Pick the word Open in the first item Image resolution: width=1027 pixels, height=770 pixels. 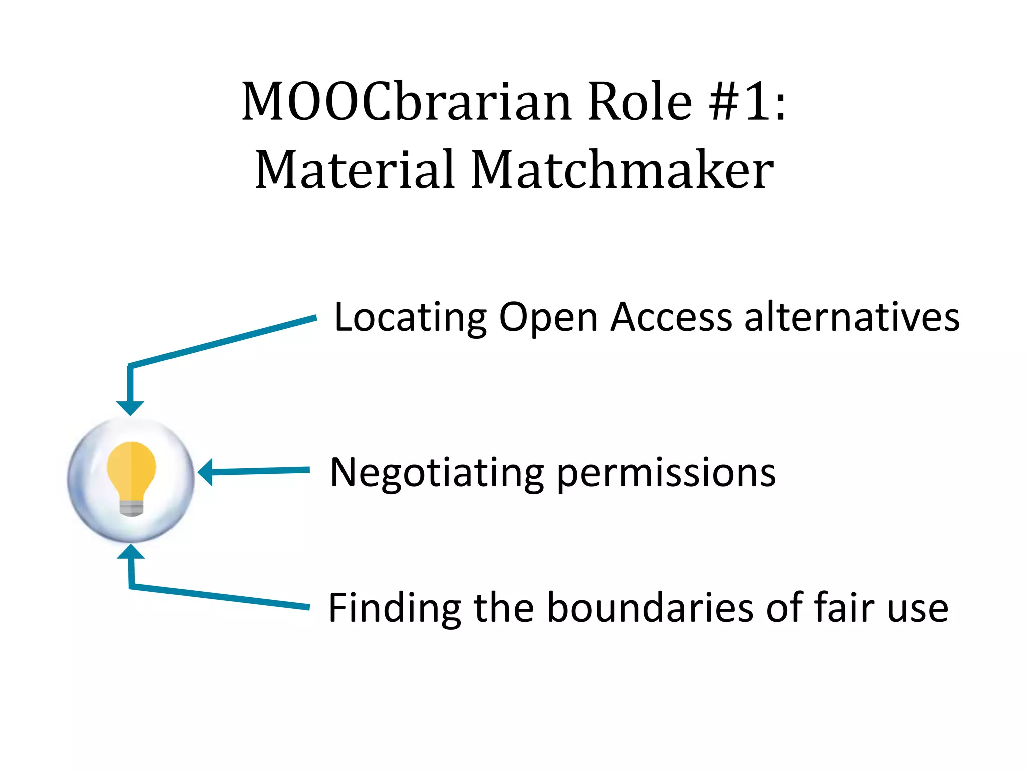click(x=548, y=318)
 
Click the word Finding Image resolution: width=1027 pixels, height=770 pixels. click(x=394, y=608)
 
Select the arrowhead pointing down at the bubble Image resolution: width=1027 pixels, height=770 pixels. click(x=130, y=408)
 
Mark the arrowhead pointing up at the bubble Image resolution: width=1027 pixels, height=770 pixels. click(x=131, y=552)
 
